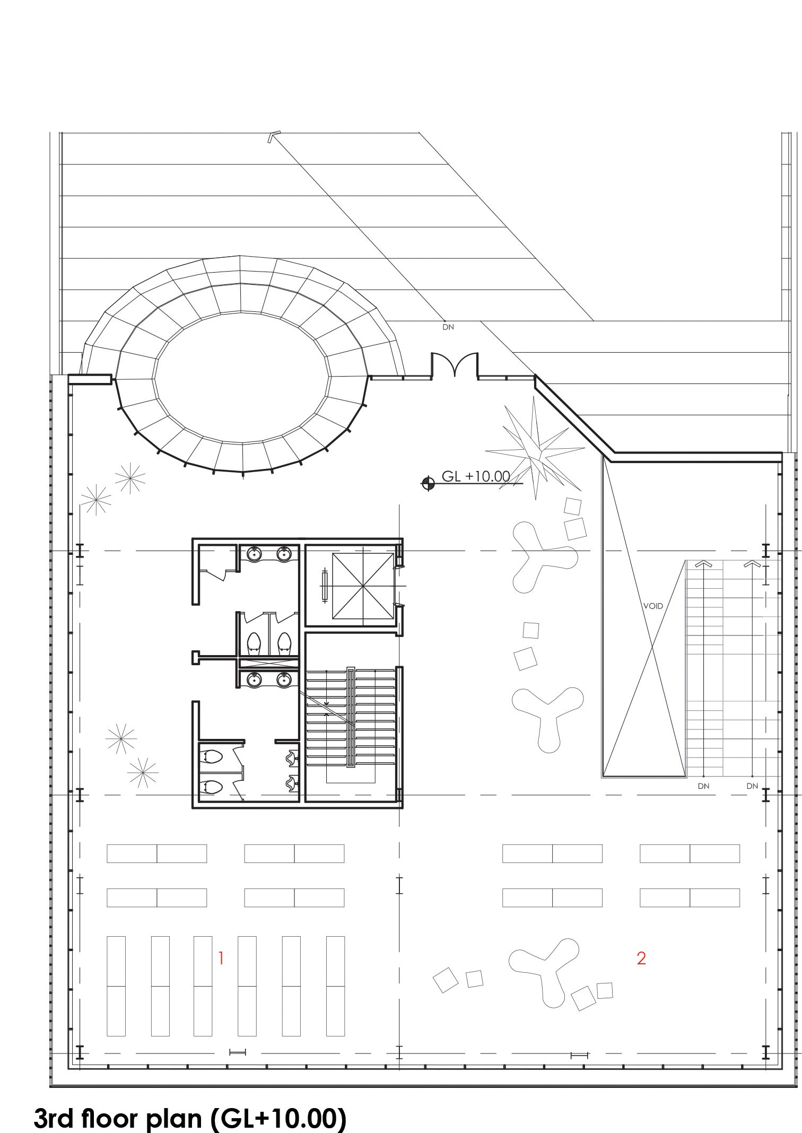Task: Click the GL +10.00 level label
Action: [x=476, y=476]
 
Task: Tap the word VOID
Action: [x=653, y=606]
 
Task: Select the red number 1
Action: [x=221, y=958]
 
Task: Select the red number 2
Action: [x=641, y=958]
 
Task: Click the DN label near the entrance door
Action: [x=448, y=327]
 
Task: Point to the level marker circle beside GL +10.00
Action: [x=428, y=483]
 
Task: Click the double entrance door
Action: [x=455, y=365]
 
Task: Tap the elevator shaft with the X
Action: [x=363, y=586]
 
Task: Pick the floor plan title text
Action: [x=190, y=1118]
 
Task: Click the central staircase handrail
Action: [x=350, y=717]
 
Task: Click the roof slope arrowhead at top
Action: [x=274, y=137]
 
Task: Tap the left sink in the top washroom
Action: [x=255, y=554]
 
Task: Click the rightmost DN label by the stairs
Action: [x=752, y=786]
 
